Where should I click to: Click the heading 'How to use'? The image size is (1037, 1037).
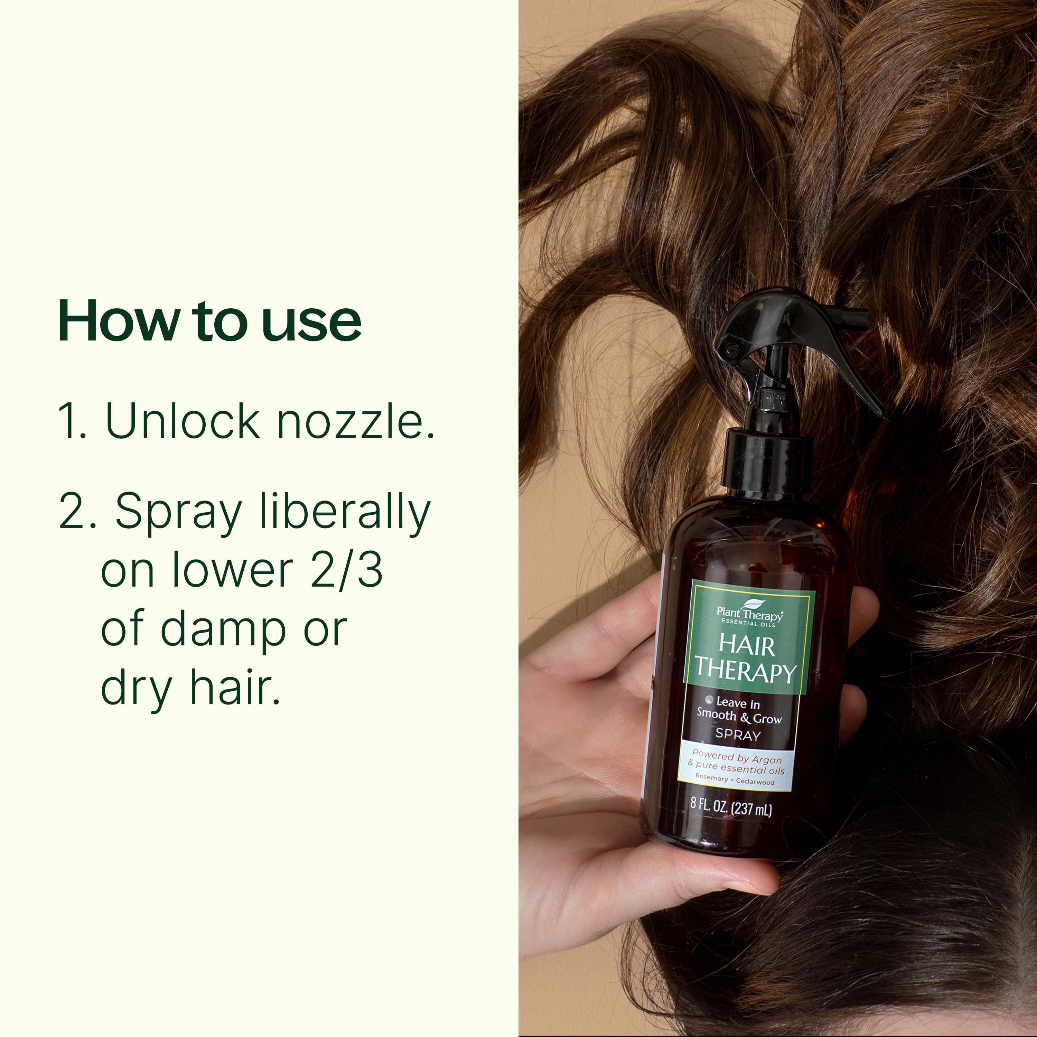coord(209,321)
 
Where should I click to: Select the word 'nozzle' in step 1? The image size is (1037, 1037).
coord(354,421)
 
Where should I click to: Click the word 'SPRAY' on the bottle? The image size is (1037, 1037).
coord(738,735)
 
